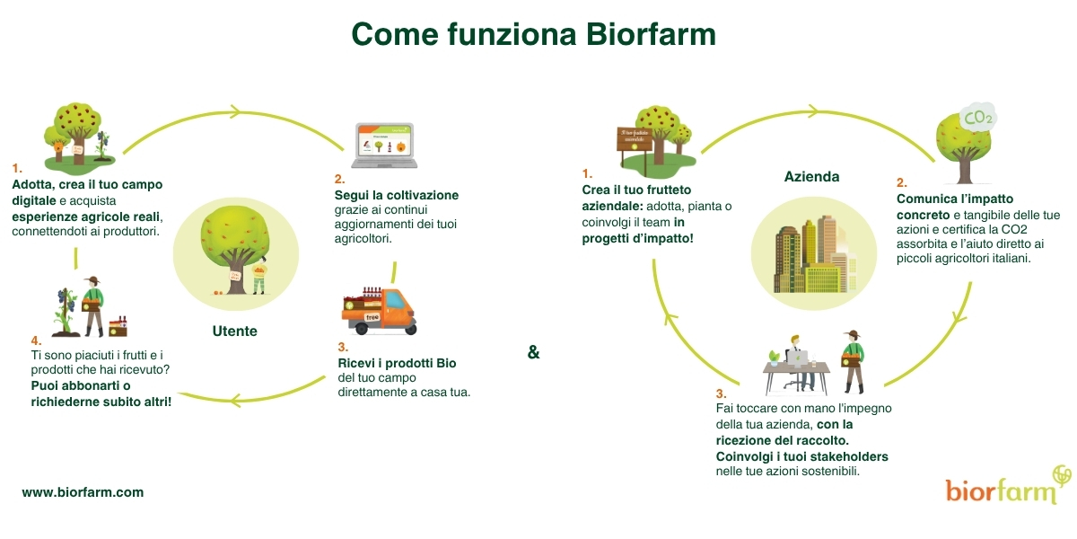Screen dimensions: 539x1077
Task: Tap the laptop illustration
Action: pos(383,146)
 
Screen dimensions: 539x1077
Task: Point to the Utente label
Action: pos(235,331)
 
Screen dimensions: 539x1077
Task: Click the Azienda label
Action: pos(811,177)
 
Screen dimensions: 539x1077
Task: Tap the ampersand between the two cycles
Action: pos(533,352)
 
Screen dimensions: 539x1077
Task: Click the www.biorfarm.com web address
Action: pos(83,492)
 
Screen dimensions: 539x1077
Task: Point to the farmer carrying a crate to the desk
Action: pos(853,359)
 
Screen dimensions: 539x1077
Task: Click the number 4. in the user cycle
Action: pos(36,340)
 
